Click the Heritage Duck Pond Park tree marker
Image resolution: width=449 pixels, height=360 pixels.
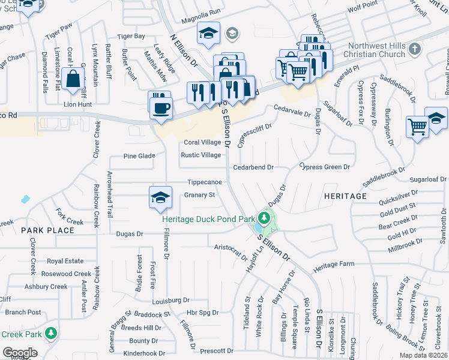click(x=263, y=217)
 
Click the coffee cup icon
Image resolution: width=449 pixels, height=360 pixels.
click(x=161, y=109)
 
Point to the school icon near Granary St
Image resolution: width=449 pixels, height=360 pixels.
click(x=160, y=197)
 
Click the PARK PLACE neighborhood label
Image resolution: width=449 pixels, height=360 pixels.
click(x=42, y=230)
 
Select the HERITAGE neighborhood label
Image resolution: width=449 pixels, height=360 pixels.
click(x=345, y=196)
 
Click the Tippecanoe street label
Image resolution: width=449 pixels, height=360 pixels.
click(x=205, y=182)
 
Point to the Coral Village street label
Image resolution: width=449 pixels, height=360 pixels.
click(x=202, y=142)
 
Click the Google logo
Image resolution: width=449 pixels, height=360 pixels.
click(x=20, y=353)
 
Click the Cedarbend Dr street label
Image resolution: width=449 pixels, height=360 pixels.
click(x=253, y=167)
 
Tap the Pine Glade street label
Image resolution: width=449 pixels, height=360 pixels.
click(x=139, y=155)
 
